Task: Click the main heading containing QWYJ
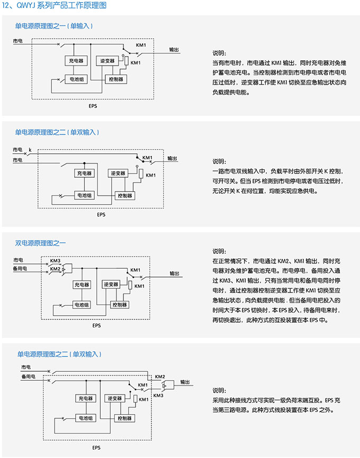[x=54, y=5]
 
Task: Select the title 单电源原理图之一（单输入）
[x=54, y=26]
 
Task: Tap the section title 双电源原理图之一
[x=40, y=243]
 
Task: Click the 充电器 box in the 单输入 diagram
[x=76, y=61]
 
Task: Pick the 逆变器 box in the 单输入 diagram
[x=107, y=61]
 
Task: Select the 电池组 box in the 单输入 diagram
[x=76, y=79]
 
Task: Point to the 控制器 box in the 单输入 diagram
[x=116, y=79]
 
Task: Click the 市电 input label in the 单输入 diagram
[x=17, y=41]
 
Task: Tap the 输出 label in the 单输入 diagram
[x=174, y=49]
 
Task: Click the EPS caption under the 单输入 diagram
[x=93, y=106]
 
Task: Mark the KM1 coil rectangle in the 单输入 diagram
[x=127, y=61]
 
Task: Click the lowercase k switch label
[x=30, y=150]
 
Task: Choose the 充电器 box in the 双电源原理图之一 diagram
[x=82, y=285]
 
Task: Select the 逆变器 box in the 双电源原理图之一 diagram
[x=111, y=284]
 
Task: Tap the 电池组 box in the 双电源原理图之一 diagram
[x=82, y=305]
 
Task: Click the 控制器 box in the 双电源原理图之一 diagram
[x=119, y=305]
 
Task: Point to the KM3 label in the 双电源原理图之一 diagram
[x=55, y=261]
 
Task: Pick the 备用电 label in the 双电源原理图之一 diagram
[x=20, y=268]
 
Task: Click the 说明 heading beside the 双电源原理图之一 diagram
[x=219, y=251]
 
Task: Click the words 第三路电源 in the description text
[x=230, y=410]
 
